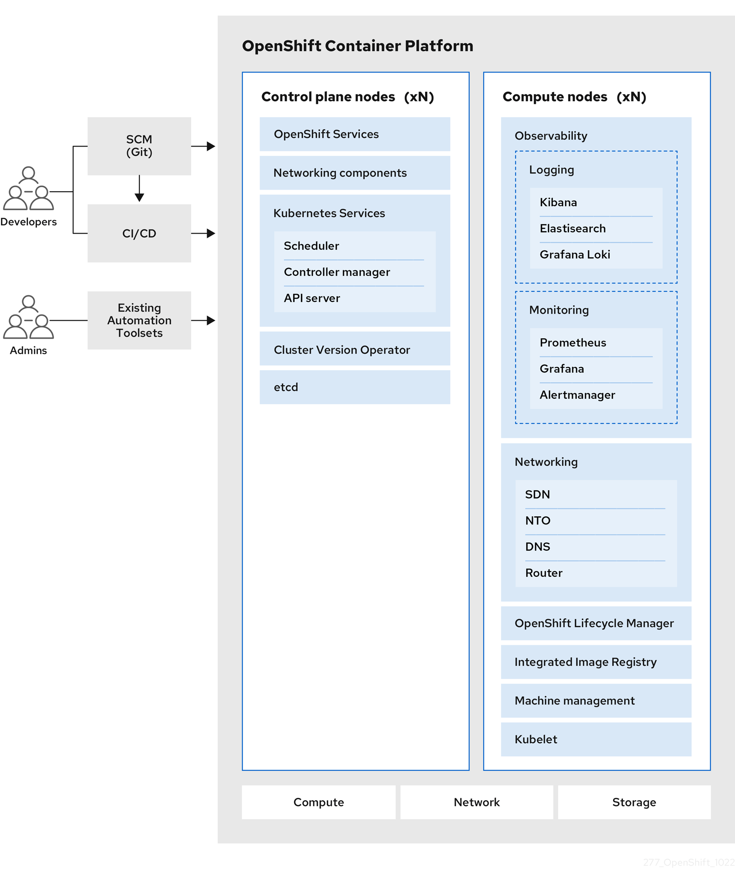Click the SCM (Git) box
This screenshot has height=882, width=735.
[x=139, y=146]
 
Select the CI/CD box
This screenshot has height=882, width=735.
[x=139, y=233]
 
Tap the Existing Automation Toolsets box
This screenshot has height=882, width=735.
[x=139, y=320]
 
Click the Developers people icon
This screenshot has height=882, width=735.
[x=29, y=189]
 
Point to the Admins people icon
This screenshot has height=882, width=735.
[x=29, y=318]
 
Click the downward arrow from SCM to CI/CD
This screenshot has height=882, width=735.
[x=139, y=189]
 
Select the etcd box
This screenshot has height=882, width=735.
[x=354, y=387]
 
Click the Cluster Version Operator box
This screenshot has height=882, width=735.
[x=354, y=349]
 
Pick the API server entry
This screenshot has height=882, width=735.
[x=312, y=299]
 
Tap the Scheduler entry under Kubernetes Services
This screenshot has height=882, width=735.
[x=311, y=246]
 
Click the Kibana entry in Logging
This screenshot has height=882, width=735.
[x=558, y=202]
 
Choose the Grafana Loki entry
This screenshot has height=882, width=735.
[x=574, y=254]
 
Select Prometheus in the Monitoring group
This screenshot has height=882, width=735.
[x=573, y=343]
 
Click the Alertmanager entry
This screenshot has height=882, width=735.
[x=577, y=395]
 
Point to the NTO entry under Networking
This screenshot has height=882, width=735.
[x=538, y=521]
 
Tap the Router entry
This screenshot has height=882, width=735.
[x=544, y=573]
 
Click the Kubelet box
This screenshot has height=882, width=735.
[x=596, y=739]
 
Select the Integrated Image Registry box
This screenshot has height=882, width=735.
[x=596, y=662]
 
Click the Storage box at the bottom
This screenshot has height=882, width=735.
[x=634, y=802]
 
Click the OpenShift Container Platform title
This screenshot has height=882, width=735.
[x=357, y=46]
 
